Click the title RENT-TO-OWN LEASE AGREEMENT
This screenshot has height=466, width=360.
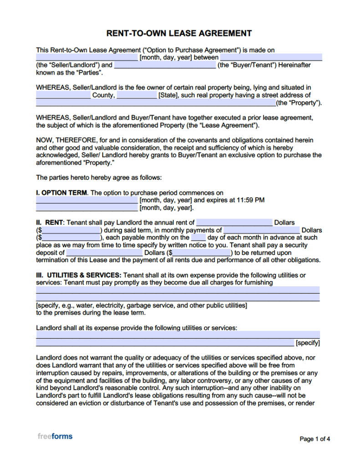(x=179, y=34)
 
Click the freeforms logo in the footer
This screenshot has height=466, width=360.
(x=55, y=436)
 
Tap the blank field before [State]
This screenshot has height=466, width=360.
(x=137, y=96)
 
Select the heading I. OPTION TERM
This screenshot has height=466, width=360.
(x=61, y=193)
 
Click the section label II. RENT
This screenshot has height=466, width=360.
(x=50, y=223)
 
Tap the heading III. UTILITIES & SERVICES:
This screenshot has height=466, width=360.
(x=79, y=275)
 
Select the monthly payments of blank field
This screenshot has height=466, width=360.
(x=262, y=230)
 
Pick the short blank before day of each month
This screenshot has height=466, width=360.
(x=198, y=238)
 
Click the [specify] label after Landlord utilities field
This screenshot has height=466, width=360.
(x=308, y=343)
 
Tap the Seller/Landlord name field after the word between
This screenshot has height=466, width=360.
(x=271, y=58)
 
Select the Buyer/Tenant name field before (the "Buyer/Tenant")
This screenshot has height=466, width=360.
(x=165, y=65)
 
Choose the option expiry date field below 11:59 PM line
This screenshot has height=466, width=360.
(x=86, y=208)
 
